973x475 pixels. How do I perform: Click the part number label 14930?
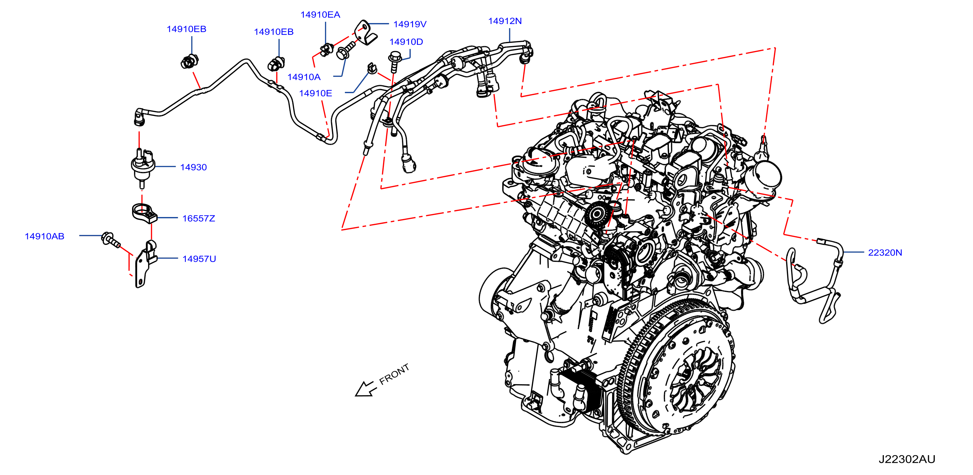(x=193, y=167)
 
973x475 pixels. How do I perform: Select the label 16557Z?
(x=199, y=218)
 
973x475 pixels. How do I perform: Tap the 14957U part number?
(x=199, y=259)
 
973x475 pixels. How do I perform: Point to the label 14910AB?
(x=45, y=236)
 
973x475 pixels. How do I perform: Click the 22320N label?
(x=885, y=253)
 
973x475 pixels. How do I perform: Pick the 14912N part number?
(x=505, y=21)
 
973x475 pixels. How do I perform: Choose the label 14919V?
(x=410, y=24)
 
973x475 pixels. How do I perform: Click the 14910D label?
(x=406, y=42)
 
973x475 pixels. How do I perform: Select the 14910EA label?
(x=320, y=15)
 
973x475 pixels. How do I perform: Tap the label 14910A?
(x=304, y=77)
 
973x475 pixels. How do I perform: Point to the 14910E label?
(x=316, y=93)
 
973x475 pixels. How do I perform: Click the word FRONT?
(x=394, y=374)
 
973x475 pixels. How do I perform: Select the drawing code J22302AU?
(x=907, y=459)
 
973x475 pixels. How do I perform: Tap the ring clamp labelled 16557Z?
(x=144, y=213)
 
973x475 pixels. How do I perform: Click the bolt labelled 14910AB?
(x=111, y=240)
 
